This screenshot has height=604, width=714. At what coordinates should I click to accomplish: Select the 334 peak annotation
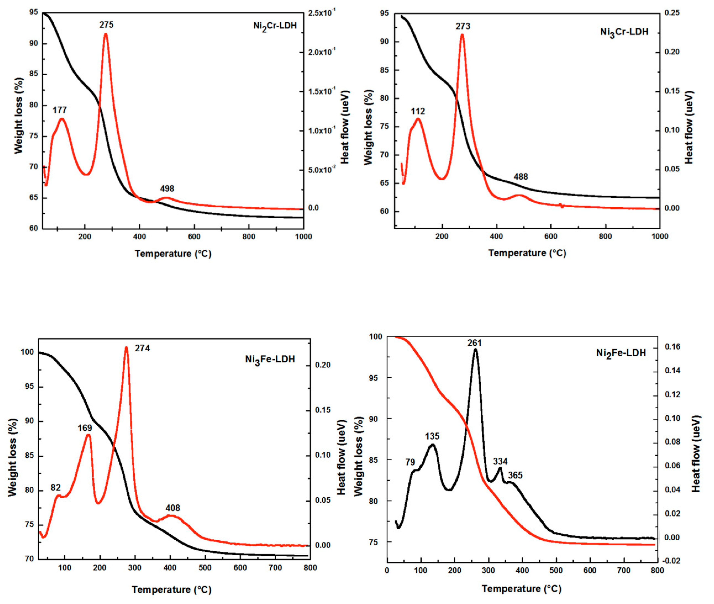[x=500, y=461]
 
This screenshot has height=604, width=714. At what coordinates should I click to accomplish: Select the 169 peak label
[x=85, y=428]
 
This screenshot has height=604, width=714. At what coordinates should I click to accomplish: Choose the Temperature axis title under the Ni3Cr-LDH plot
[x=527, y=253]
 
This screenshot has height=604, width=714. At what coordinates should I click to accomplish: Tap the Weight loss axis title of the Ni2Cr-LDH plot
[x=19, y=116]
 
